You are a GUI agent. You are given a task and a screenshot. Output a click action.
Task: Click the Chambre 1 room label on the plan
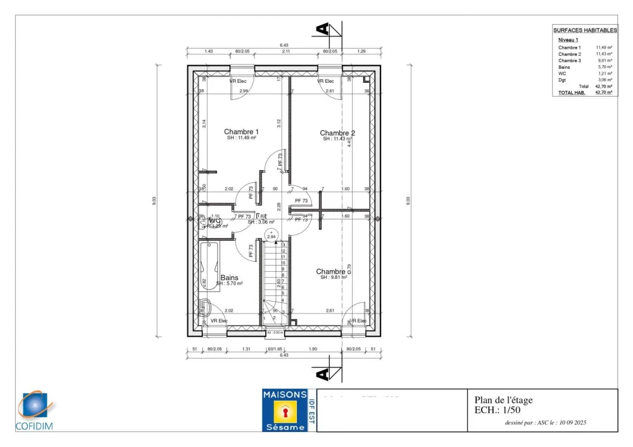tap(241, 132)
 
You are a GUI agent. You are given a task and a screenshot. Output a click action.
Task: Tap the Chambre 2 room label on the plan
tap(337, 133)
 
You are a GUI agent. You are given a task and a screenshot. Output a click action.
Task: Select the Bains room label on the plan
tap(229, 278)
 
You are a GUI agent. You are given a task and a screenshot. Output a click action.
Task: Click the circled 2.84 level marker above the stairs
tap(272, 236)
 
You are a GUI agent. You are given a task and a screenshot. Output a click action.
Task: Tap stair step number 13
tap(283, 245)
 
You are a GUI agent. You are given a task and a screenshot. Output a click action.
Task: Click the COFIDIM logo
tap(35, 412)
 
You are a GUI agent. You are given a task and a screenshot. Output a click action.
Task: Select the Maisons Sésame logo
tap(285, 410)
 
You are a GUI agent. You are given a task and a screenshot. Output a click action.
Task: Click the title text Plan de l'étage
tap(504, 400)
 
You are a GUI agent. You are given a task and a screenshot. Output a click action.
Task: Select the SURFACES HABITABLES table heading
tap(585, 30)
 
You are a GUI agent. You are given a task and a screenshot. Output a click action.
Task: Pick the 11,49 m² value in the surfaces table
tap(605, 47)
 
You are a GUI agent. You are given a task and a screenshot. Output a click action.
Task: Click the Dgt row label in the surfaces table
tap(562, 80)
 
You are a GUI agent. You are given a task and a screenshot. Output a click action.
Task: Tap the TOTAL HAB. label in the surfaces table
tap(572, 92)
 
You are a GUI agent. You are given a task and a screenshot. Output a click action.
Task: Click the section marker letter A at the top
tap(323, 29)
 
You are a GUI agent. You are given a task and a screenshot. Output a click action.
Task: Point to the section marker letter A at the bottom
tap(323, 374)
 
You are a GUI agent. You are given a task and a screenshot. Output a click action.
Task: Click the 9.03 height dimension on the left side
tap(154, 200)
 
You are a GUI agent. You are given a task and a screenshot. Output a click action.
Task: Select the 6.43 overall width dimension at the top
tap(284, 45)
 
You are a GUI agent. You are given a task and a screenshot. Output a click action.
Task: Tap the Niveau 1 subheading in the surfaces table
tap(568, 39)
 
